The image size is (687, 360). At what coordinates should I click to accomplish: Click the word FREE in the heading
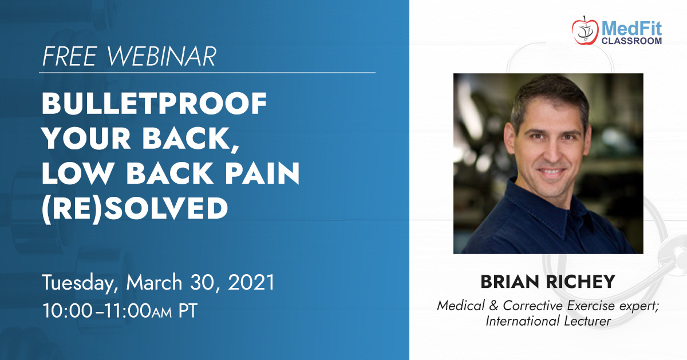click(70, 56)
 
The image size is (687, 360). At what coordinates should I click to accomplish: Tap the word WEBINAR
click(161, 56)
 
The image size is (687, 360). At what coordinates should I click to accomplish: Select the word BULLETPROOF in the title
click(154, 104)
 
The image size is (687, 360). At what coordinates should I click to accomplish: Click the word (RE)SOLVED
click(135, 208)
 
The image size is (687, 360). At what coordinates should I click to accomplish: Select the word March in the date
click(154, 282)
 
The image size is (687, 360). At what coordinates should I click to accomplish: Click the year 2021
click(251, 282)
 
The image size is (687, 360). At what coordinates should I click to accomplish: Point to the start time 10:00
click(68, 311)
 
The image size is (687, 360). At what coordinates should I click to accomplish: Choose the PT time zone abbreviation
click(188, 311)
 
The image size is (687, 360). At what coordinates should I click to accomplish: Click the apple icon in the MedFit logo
click(585, 30)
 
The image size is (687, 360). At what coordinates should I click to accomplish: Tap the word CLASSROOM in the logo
click(631, 41)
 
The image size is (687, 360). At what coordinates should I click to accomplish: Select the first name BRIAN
click(510, 282)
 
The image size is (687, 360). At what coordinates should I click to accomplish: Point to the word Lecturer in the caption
click(587, 321)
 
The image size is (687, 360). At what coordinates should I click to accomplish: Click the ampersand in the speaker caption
click(493, 306)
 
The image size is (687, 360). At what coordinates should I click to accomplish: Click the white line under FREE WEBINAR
click(207, 73)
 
